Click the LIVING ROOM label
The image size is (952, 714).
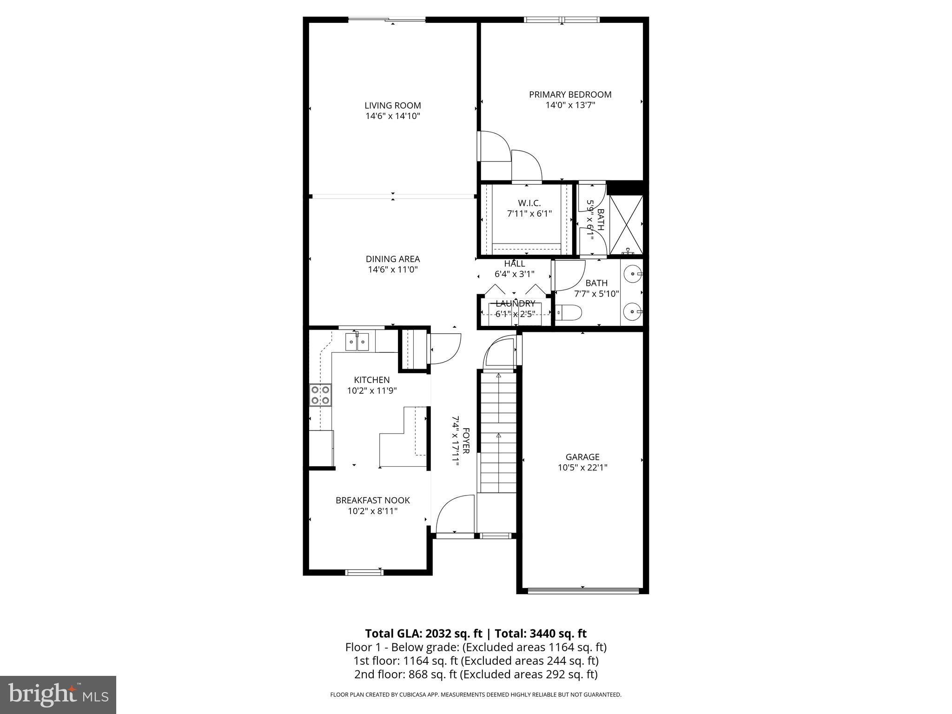[393, 106]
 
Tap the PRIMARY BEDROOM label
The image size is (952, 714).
[570, 94]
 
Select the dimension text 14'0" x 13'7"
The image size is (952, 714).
[570, 106]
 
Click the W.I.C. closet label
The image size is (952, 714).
[529, 203]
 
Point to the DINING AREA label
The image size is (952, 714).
[393, 259]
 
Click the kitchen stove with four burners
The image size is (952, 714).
[320, 395]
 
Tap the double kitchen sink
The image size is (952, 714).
[357, 343]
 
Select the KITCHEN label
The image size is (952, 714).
[371, 380]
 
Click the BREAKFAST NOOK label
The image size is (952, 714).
[372, 500]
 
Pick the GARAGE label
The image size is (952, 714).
[582, 457]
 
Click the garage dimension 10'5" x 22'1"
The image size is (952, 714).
[582, 468]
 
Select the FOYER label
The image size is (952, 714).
[466, 441]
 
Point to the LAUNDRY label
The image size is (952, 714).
[515, 304]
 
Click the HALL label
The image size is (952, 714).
[514, 264]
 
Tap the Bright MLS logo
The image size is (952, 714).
[58, 694]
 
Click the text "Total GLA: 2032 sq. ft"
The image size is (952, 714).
[424, 634]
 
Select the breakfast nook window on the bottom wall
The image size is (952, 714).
[364, 572]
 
